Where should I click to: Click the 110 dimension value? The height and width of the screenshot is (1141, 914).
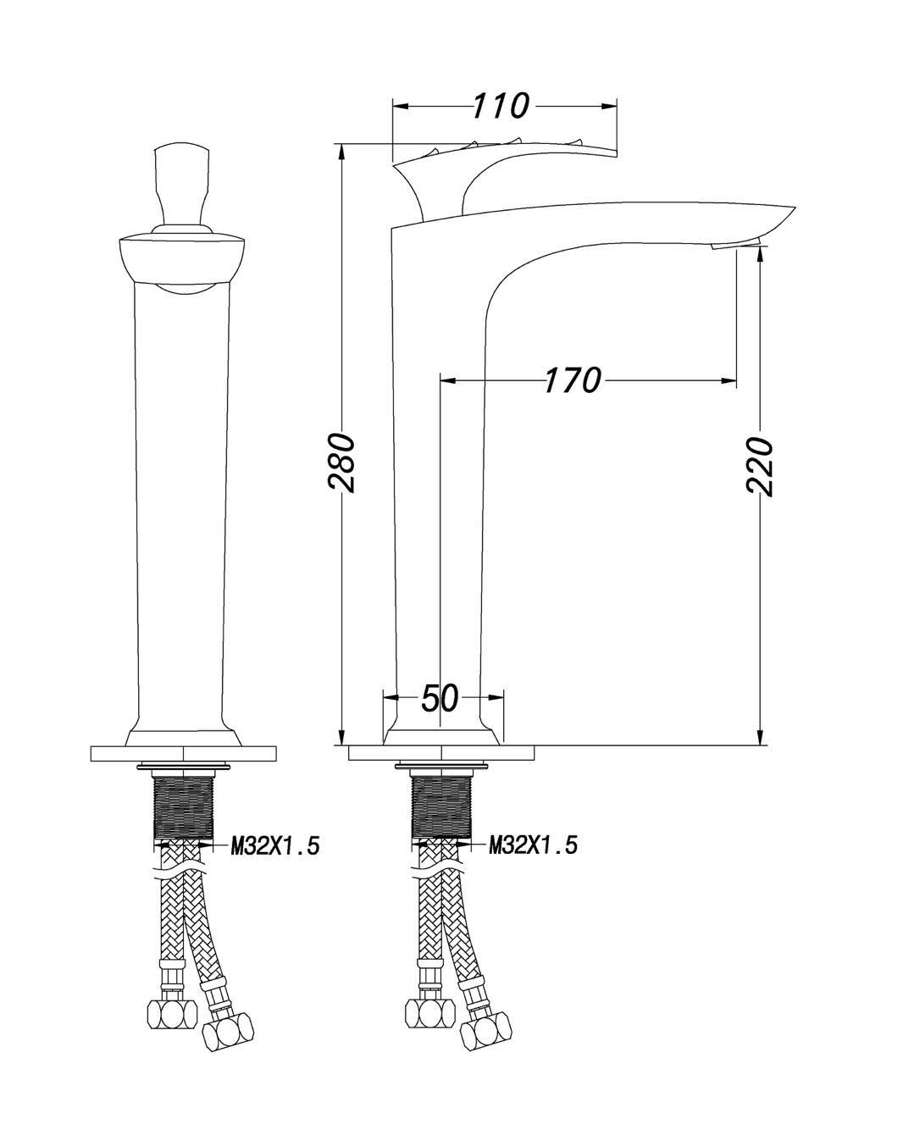pos(501,106)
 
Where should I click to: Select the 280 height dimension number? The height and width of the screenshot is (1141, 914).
pos(341,462)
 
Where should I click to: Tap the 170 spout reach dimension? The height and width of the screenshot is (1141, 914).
pos(573,380)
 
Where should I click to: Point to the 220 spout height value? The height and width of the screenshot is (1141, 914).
pos(760,466)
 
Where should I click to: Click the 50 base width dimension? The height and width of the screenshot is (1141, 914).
pos(440,698)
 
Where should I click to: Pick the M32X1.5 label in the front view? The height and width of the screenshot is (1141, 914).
pos(275,845)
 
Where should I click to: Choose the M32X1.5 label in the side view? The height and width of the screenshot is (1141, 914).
pos(533,845)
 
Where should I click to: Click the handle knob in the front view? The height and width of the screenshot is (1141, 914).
pos(180,186)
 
